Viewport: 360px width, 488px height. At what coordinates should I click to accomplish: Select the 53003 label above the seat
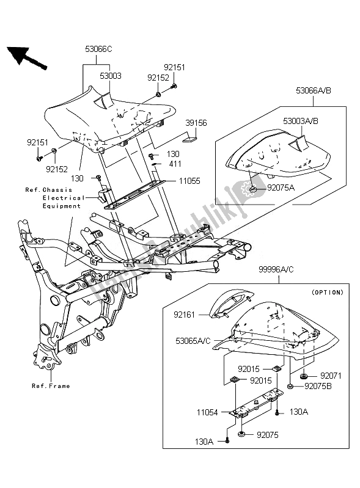tap(111, 77)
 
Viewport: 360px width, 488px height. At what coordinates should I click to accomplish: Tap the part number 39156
tap(196, 123)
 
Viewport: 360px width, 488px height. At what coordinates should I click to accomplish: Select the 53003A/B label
tap(301, 122)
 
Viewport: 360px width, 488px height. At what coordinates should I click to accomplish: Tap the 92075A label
tap(281, 188)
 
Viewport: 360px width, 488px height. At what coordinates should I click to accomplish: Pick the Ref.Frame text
tap(51, 386)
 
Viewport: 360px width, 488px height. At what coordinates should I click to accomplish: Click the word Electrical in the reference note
tap(63, 198)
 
